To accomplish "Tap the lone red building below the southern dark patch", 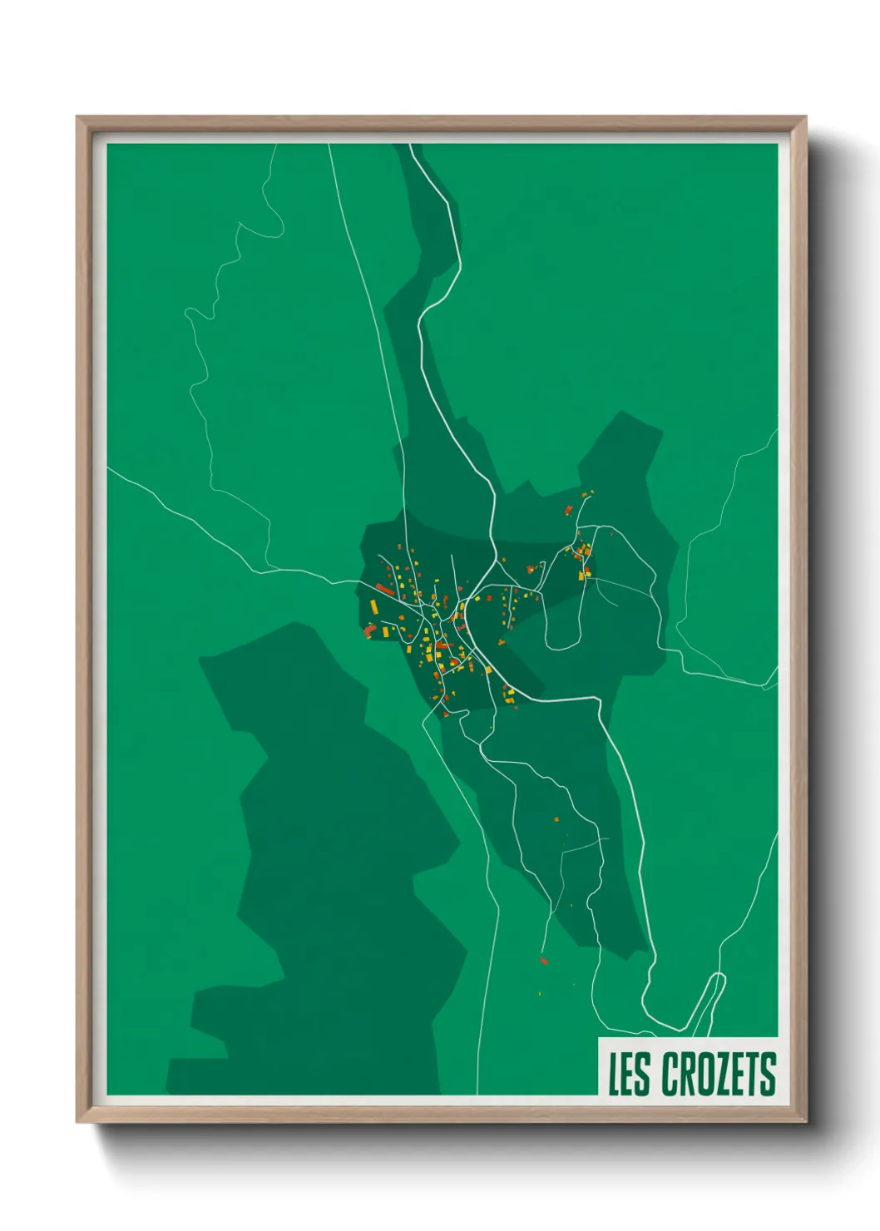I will pyautogui.click(x=544, y=962).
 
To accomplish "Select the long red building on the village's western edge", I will pyautogui.click(x=384, y=589).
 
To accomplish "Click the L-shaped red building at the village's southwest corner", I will pyautogui.click(x=369, y=632).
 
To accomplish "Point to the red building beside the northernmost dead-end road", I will pyautogui.click(x=569, y=510).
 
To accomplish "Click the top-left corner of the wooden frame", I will pyautogui.click(x=78, y=117).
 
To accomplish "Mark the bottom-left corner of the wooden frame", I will pyautogui.click(x=78, y=1122).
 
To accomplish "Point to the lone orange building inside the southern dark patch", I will pyautogui.click(x=556, y=820).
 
